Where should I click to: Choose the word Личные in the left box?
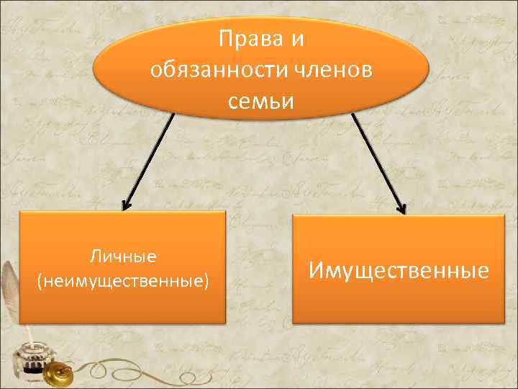(x=123, y=256)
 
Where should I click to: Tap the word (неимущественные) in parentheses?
(x=123, y=280)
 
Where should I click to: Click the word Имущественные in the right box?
(x=399, y=270)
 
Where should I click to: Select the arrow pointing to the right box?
(x=378, y=163)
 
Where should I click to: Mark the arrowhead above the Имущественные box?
(x=401, y=208)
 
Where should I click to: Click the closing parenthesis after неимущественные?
(x=207, y=280)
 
